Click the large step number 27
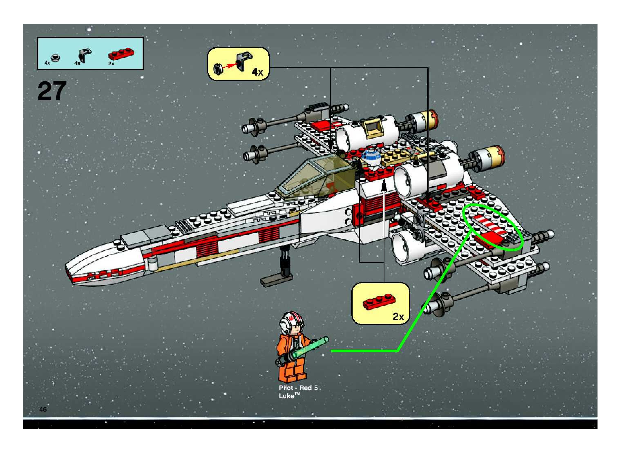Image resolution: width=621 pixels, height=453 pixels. (52, 91)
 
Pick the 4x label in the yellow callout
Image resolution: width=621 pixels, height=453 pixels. (257, 72)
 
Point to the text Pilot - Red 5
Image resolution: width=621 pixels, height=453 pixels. (298, 388)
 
